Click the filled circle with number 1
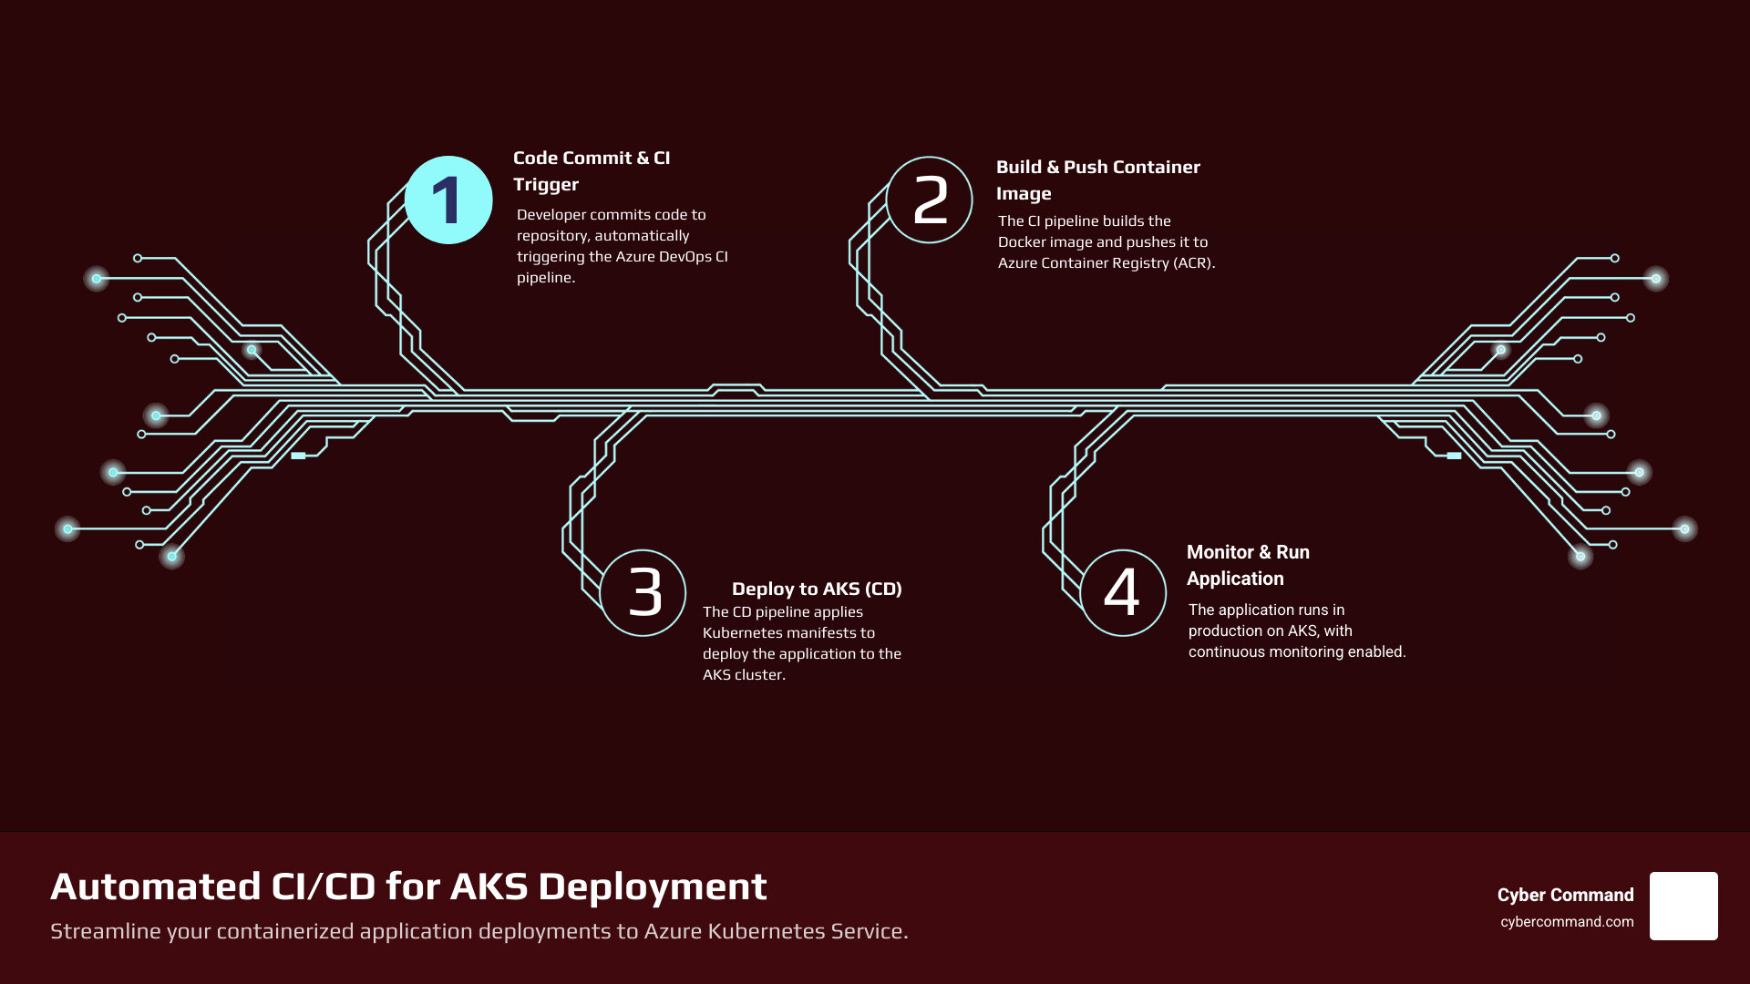tap(448, 200)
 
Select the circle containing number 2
tap(930, 200)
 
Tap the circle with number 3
tap(643, 593)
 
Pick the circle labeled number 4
tap(1123, 593)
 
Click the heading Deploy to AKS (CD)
tap(817, 589)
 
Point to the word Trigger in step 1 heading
tap(546, 185)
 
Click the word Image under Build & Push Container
tap(1024, 194)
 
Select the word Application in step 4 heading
tap(1235, 579)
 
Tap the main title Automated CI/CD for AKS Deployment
tap(408, 887)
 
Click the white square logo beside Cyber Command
tap(1683, 906)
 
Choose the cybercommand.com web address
tap(1567, 921)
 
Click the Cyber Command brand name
tap(1565, 895)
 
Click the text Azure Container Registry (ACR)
tap(1106, 263)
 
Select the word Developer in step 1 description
tap(551, 215)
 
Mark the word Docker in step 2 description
tap(1021, 242)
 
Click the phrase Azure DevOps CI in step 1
tap(672, 257)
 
